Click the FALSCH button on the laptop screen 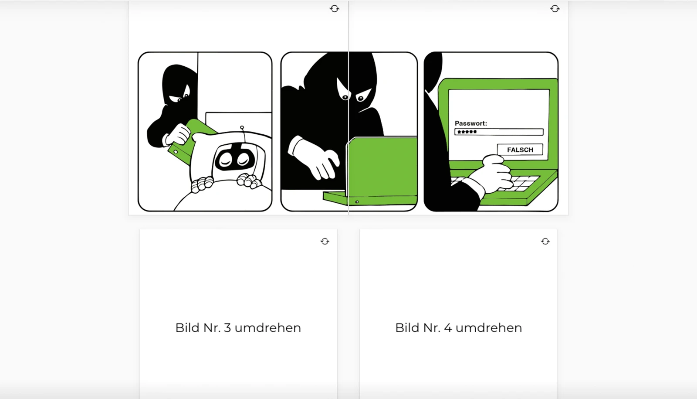tap(520, 150)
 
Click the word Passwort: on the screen tap(470, 123)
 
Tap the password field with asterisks tap(499, 132)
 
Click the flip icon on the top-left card tap(334, 9)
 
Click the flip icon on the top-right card tap(555, 9)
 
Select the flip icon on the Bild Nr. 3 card tap(325, 242)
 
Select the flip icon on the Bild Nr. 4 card tap(545, 242)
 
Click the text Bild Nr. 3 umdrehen tap(238, 327)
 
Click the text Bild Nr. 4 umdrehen tap(458, 327)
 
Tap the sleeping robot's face tap(234, 160)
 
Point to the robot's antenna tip tap(242, 128)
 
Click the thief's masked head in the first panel tap(179, 85)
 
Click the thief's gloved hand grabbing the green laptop tap(177, 134)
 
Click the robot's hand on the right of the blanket tap(249, 181)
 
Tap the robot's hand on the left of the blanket tap(202, 184)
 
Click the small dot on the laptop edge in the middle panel tap(357, 202)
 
